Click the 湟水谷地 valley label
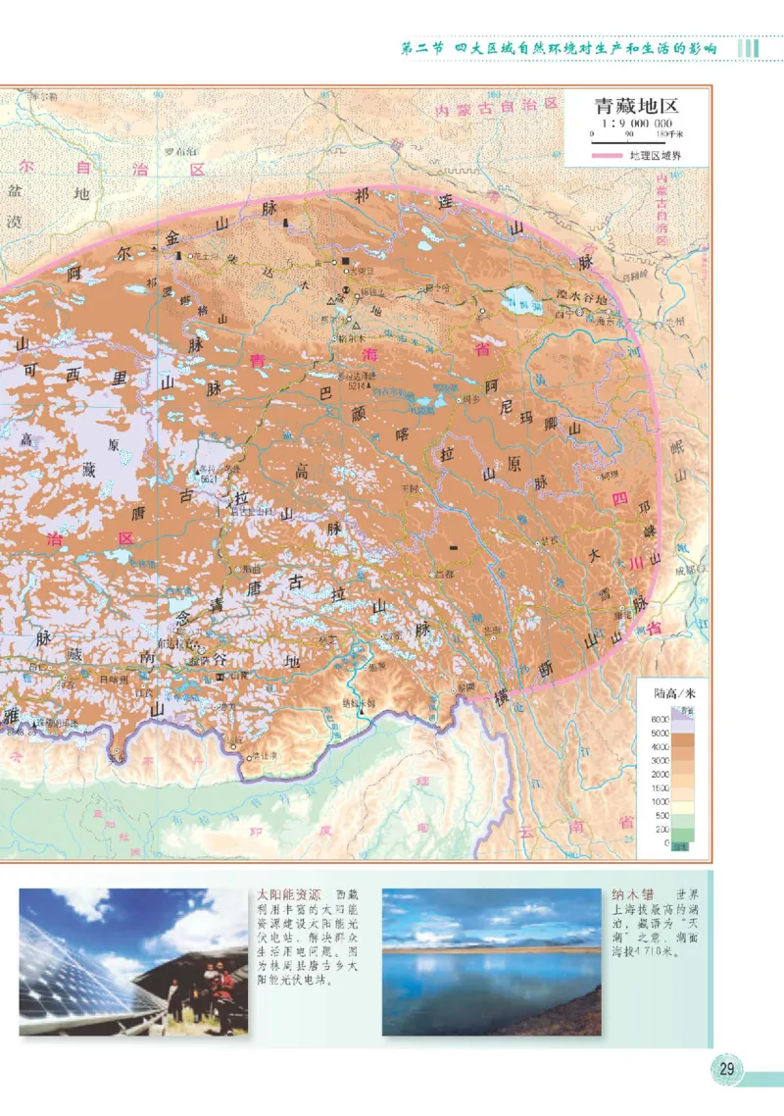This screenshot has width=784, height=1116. [582, 295]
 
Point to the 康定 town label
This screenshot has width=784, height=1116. [621, 615]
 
